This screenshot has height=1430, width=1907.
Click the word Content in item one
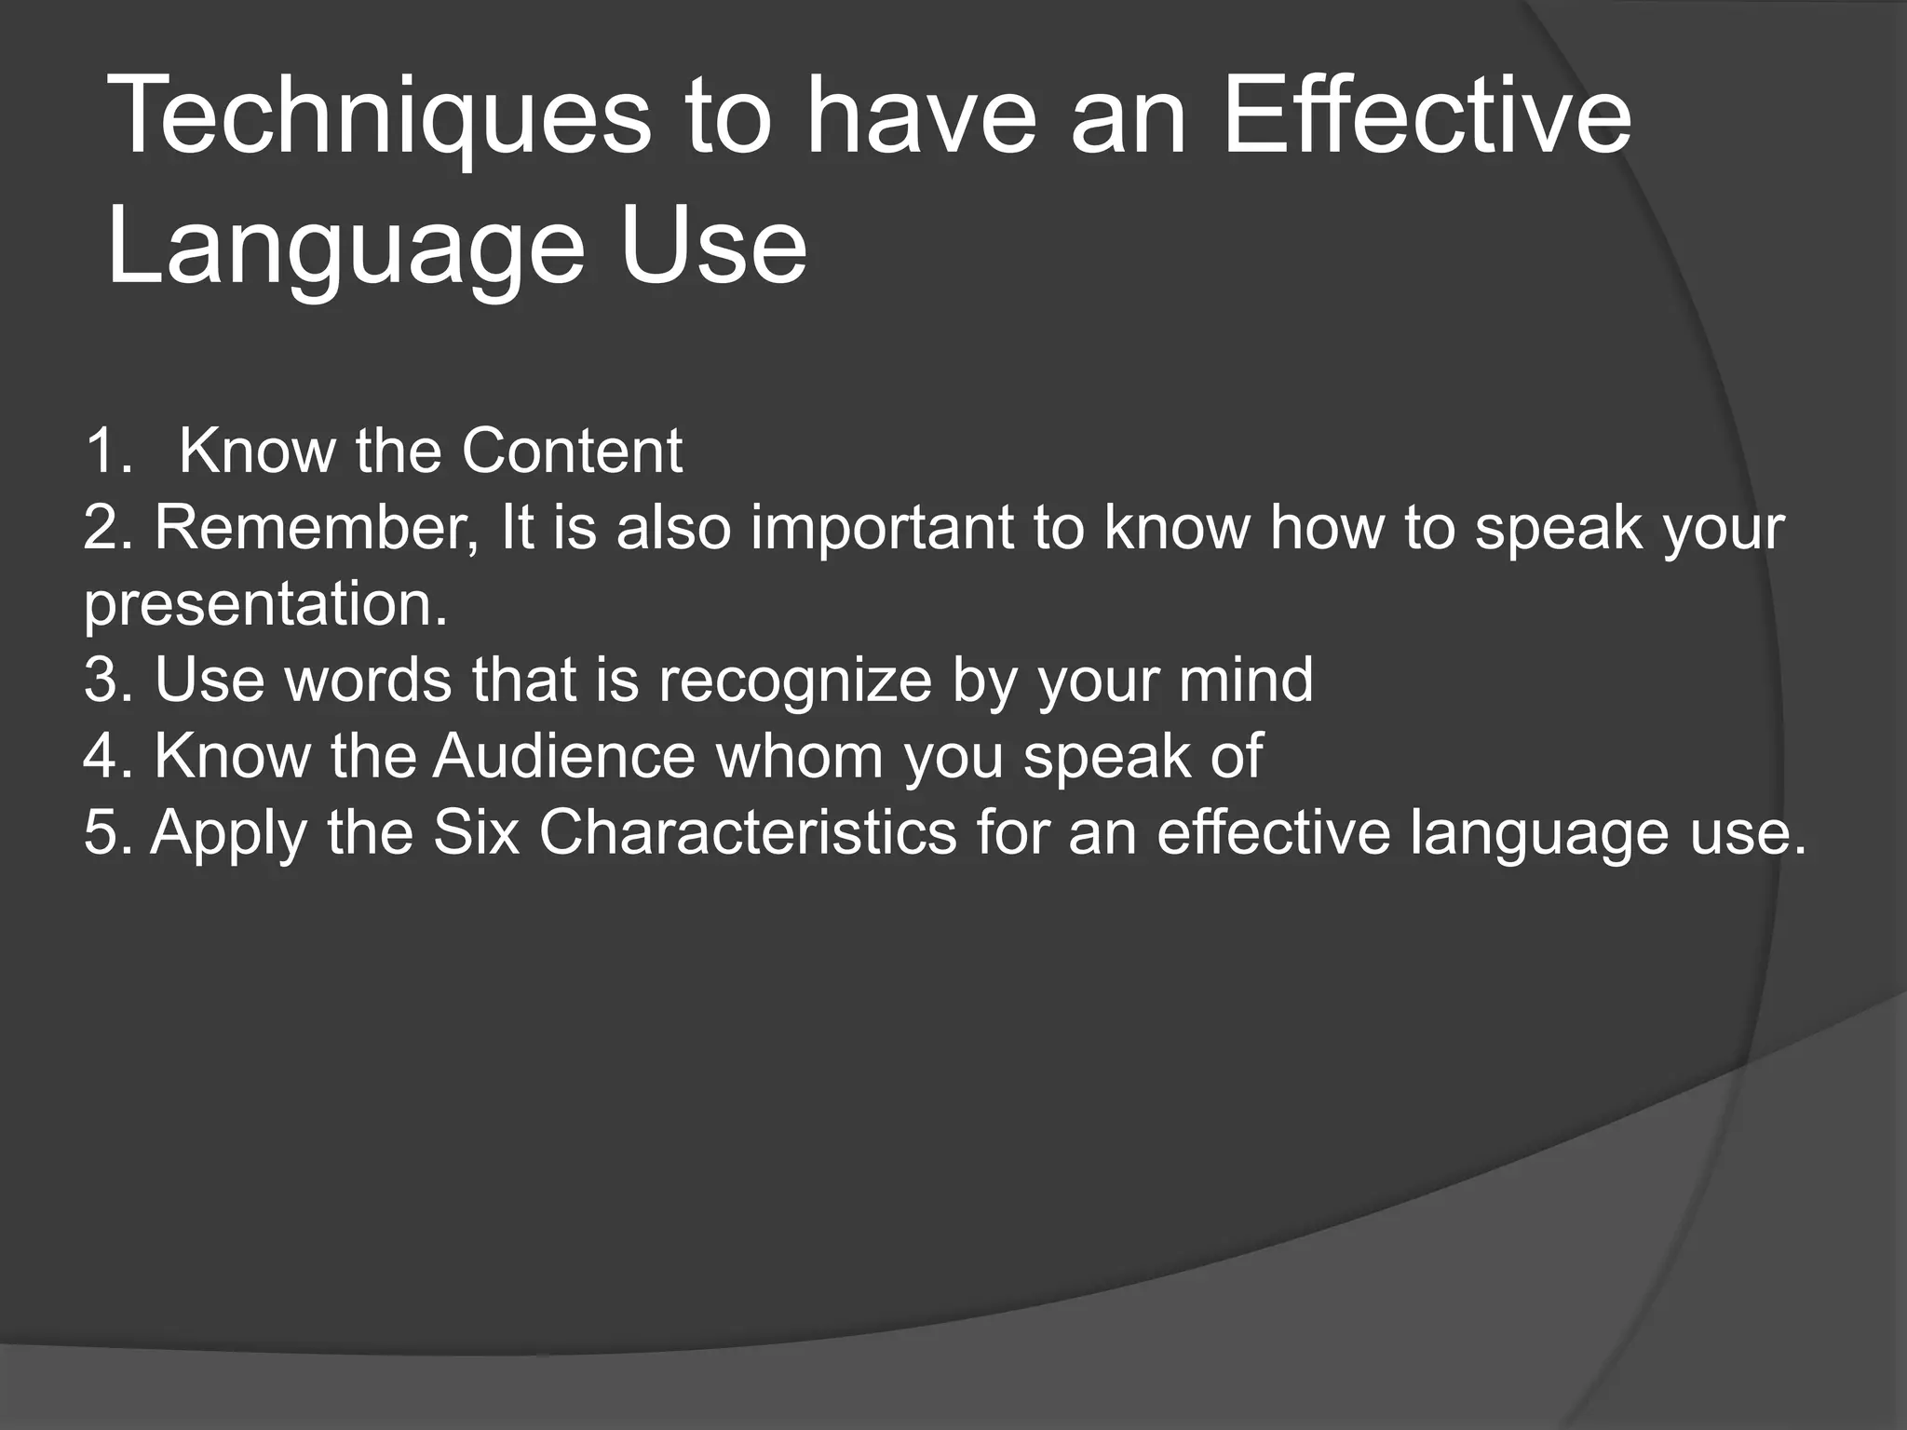tap(572, 452)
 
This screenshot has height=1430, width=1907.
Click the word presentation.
tap(265, 605)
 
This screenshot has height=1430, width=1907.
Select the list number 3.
tap(108, 680)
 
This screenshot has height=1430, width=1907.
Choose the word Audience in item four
tap(564, 755)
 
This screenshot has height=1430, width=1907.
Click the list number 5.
tap(108, 831)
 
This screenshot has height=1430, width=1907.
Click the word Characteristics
tap(748, 831)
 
